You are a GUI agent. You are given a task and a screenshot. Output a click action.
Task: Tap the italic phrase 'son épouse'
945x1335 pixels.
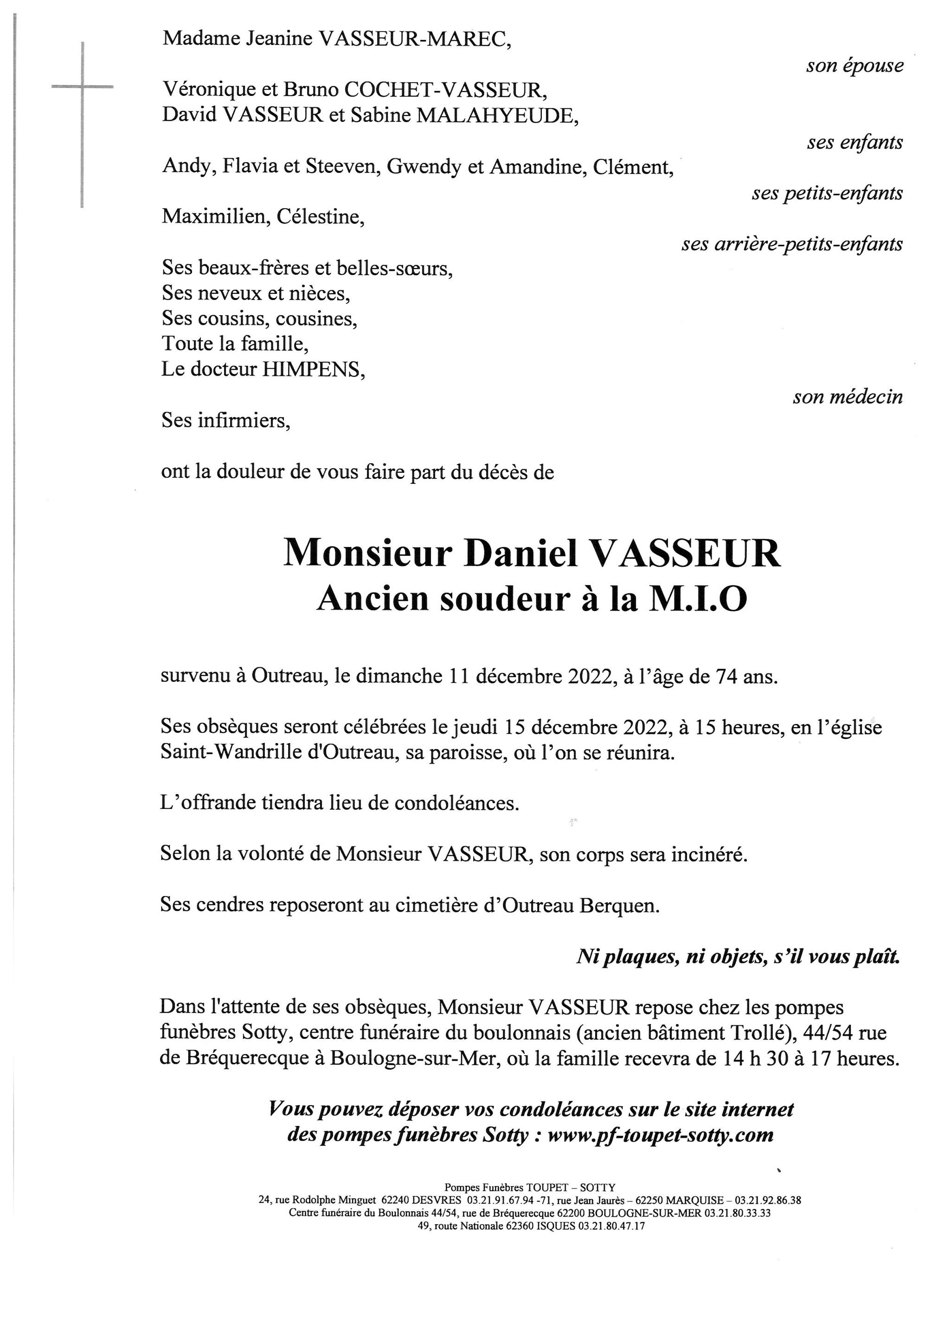(854, 66)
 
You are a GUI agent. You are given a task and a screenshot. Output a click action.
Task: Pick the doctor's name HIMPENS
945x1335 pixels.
(313, 370)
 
